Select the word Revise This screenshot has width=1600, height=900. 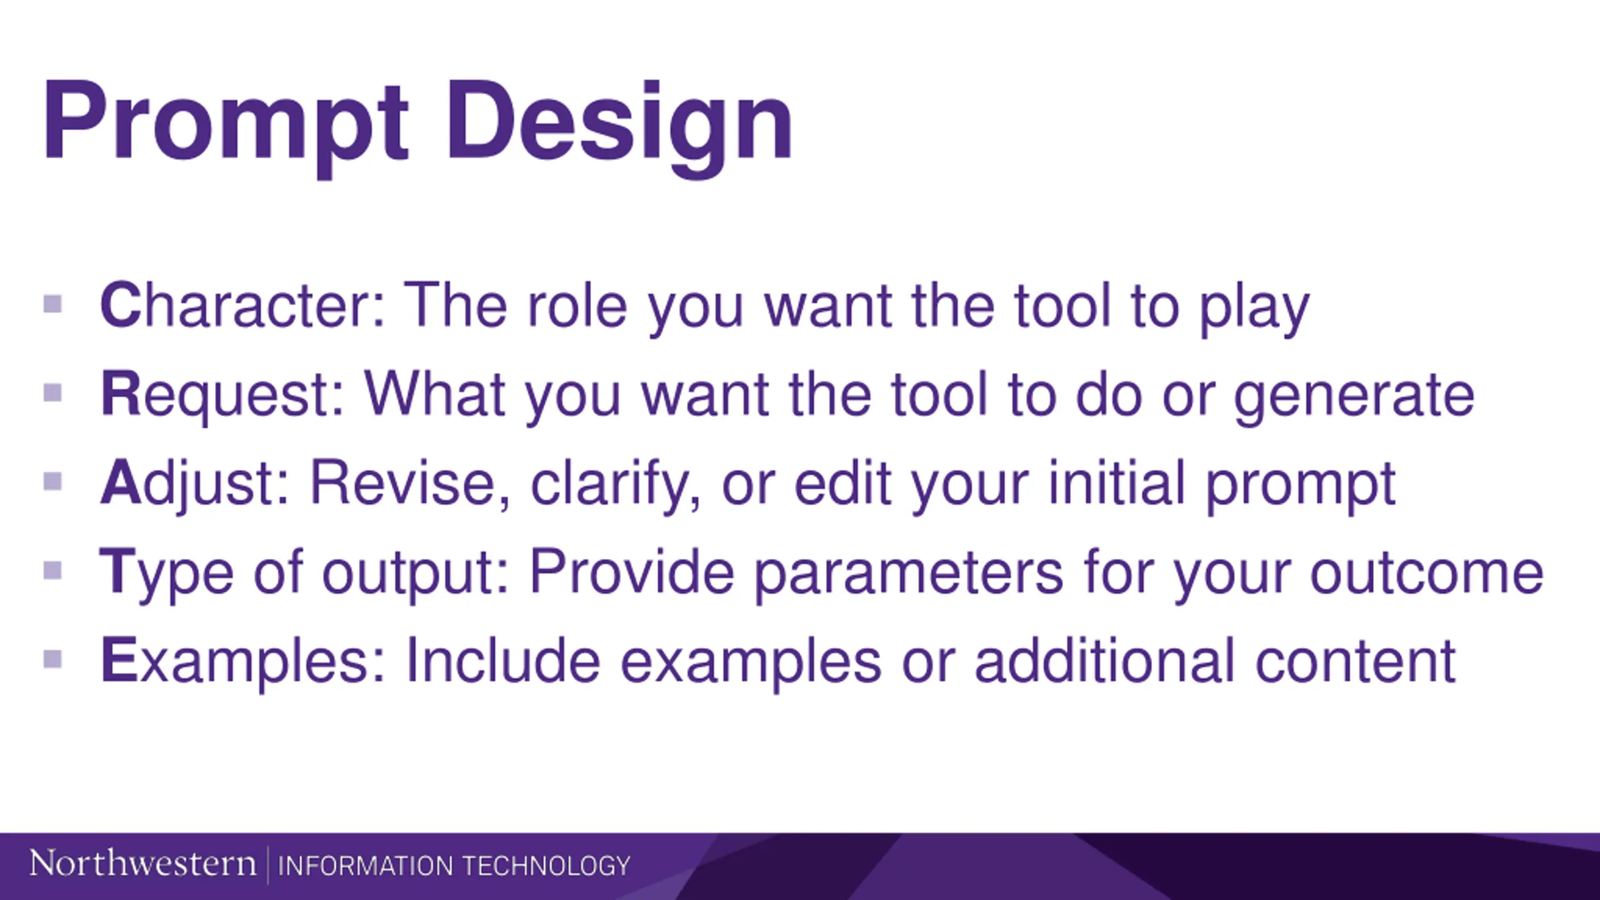pyautogui.click(x=410, y=482)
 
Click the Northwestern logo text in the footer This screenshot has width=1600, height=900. pyautogui.click(x=142, y=864)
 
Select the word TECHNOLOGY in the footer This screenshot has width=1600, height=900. pyautogui.click(x=546, y=866)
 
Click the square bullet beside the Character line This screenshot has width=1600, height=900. pyautogui.click(x=53, y=304)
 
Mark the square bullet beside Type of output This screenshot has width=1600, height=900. pyautogui.click(x=53, y=571)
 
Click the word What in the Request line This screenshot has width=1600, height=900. pyautogui.click(x=434, y=394)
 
